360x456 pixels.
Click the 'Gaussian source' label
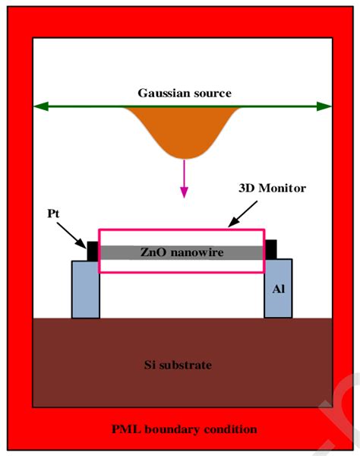tap(184, 93)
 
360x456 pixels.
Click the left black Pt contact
tap(93, 250)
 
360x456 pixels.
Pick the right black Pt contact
tap(270, 249)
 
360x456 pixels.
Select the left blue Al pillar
tap(85, 289)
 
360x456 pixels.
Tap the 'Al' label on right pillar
tap(279, 289)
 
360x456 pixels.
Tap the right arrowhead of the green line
tap(326, 107)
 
